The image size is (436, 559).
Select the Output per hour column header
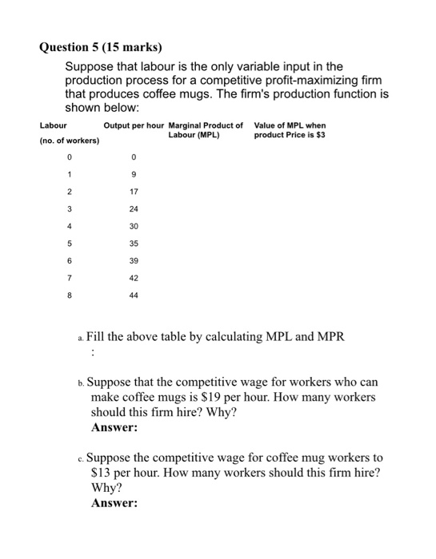pos(134,125)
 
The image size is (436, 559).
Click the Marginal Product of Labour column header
pos(206,130)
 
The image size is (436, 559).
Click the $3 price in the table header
pos(320,134)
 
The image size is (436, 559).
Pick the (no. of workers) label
pos(70,141)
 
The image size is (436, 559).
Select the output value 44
pos(134,295)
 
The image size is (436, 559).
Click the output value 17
pos(134,192)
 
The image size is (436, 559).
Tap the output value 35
pos(134,244)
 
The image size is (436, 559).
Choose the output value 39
pos(134,260)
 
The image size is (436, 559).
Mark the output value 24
pos(134,209)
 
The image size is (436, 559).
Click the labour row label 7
pos(70,278)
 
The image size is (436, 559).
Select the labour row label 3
pos(70,209)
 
